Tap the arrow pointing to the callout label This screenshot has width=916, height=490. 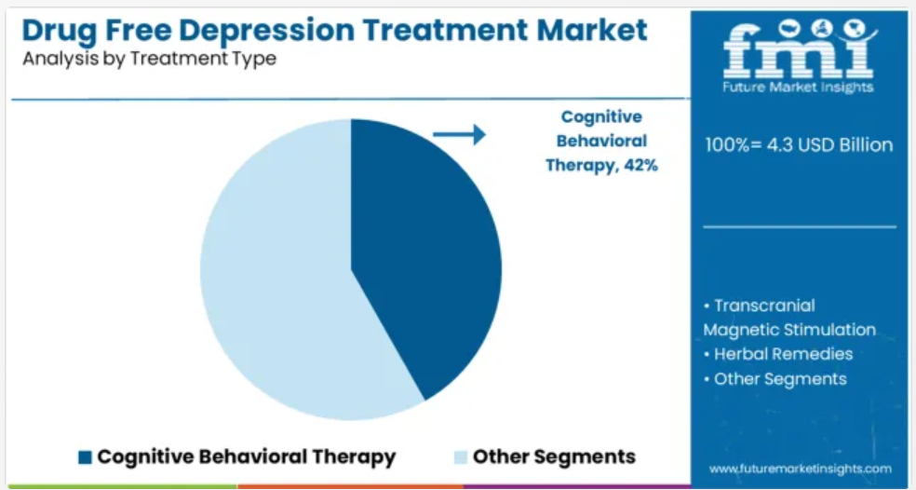pyautogui.click(x=459, y=134)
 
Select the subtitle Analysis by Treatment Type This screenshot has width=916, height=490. pyautogui.click(x=149, y=59)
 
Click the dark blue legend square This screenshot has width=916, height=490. pyautogui.click(x=86, y=457)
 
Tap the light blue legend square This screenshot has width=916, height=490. pyautogui.click(x=461, y=457)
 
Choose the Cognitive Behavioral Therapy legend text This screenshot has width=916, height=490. pyautogui.click(x=247, y=456)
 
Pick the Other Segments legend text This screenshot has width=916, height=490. pyautogui.click(x=554, y=456)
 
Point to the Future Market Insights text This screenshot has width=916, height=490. pyautogui.click(x=798, y=88)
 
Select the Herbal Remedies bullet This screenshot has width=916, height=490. pyautogui.click(x=778, y=354)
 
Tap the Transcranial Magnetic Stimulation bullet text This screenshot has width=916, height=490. pyautogui.click(x=789, y=318)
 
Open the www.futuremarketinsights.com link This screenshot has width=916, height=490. pyautogui.click(x=801, y=469)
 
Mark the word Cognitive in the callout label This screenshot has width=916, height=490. pyautogui.click(x=601, y=117)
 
